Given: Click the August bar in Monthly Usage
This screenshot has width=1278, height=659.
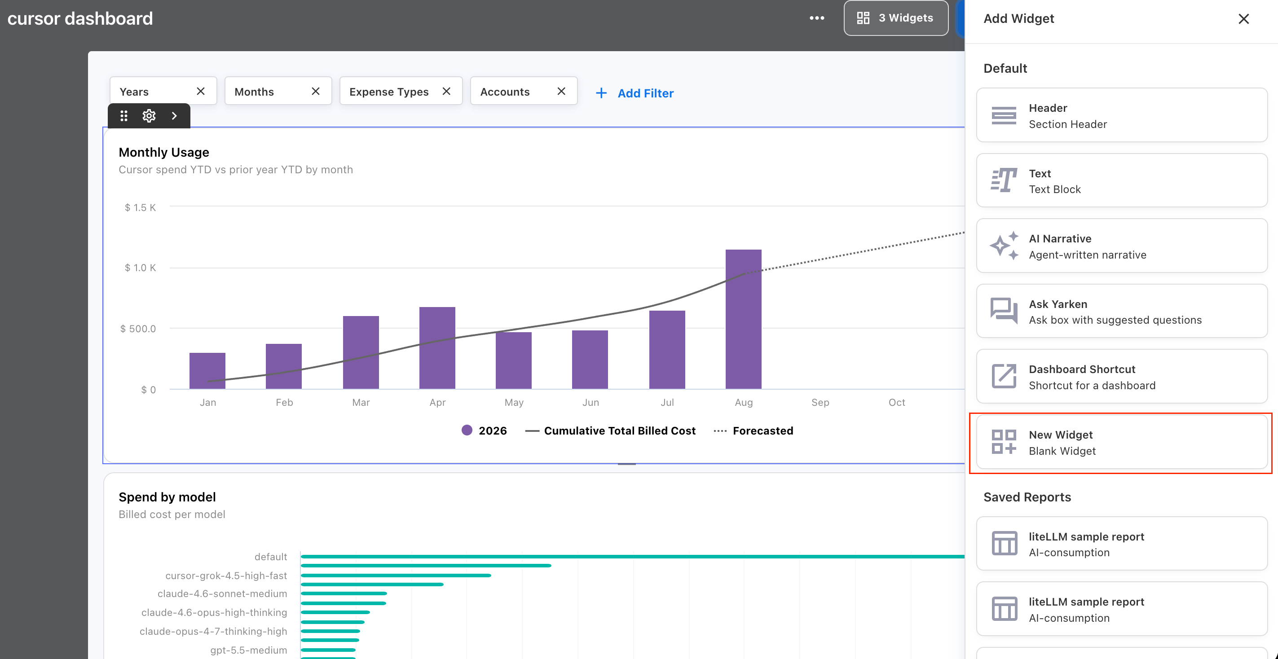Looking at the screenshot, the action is pyautogui.click(x=743, y=319).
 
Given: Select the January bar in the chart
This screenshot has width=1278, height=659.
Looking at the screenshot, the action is pyautogui.click(x=207, y=370).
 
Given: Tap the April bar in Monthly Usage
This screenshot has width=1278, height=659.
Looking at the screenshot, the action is pyautogui.click(x=437, y=347).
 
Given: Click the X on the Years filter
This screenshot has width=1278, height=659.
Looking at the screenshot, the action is pyautogui.click(x=200, y=91).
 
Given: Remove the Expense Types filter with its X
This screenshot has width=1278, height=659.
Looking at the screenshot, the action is pyautogui.click(x=446, y=91).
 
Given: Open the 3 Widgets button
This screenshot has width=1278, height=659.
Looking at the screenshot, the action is pyautogui.click(x=896, y=18).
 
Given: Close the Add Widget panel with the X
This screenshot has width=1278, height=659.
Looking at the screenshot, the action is pyautogui.click(x=1243, y=19).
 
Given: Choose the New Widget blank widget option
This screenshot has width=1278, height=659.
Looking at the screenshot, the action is pyautogui.click(x=1122, y=442).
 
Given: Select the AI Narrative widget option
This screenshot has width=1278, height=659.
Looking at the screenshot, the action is pyautogui.click(x=1122, y=246).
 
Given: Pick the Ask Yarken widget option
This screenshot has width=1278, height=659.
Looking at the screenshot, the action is pyautogui.click(x=1122, y=311).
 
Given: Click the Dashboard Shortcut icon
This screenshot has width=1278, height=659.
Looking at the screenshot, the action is pyautogui.click(x=1004, y=376).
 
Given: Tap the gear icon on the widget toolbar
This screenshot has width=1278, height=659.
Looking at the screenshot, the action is pyautogui.click(x=149, y=115).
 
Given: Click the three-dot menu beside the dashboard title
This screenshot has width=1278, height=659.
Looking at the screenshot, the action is pyautogui.click(x=817, y=18).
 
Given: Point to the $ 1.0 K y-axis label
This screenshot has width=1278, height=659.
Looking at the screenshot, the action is pyautogui.click(x=140, y=268).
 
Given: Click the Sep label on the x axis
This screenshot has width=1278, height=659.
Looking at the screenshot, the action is pyautogui.click(x=820, y=402).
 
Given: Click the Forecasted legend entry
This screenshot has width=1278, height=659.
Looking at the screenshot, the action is pyautogui.click(x=753, y=431).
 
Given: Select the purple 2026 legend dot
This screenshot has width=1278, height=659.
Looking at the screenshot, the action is pyautogui.click(x=467, y=430).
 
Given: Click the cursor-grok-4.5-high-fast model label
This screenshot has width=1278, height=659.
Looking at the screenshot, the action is pyautogui.click(x=226, y=575).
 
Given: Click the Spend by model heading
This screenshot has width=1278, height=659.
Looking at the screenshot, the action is pyautogui.click(x=167, y=497).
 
